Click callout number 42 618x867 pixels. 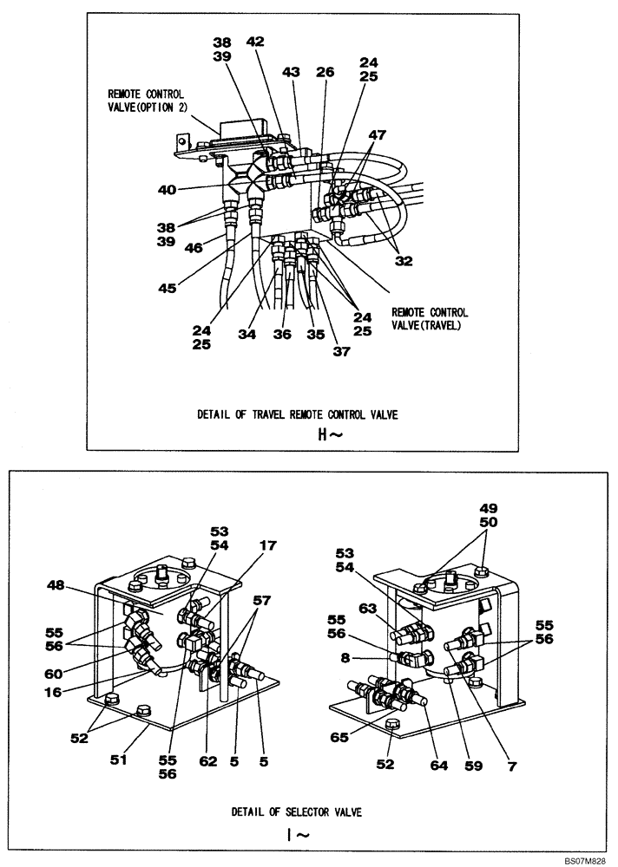(x=254, y=41)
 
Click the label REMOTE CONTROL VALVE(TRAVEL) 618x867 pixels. (x=430, y=318)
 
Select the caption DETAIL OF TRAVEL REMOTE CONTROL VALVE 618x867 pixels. (x=298, y=414)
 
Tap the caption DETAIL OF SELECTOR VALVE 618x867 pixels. (x=297, y=812)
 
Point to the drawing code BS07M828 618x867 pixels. (x=585, y=857)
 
